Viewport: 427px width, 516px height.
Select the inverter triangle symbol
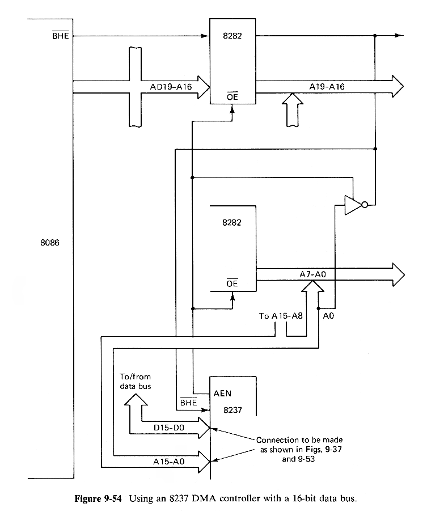click(x=353, y=205)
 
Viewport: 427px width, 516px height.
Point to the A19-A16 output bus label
click(x=327, y=87)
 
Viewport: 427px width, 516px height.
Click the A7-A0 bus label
click(x=314, y=275)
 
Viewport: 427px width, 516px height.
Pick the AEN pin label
click(x=223, y=392)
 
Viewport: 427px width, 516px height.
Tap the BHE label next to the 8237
click(x=188, y=403)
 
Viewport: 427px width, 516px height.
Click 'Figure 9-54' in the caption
click(x=100, y=500)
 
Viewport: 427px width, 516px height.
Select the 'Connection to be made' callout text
click(x=299, y=440)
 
